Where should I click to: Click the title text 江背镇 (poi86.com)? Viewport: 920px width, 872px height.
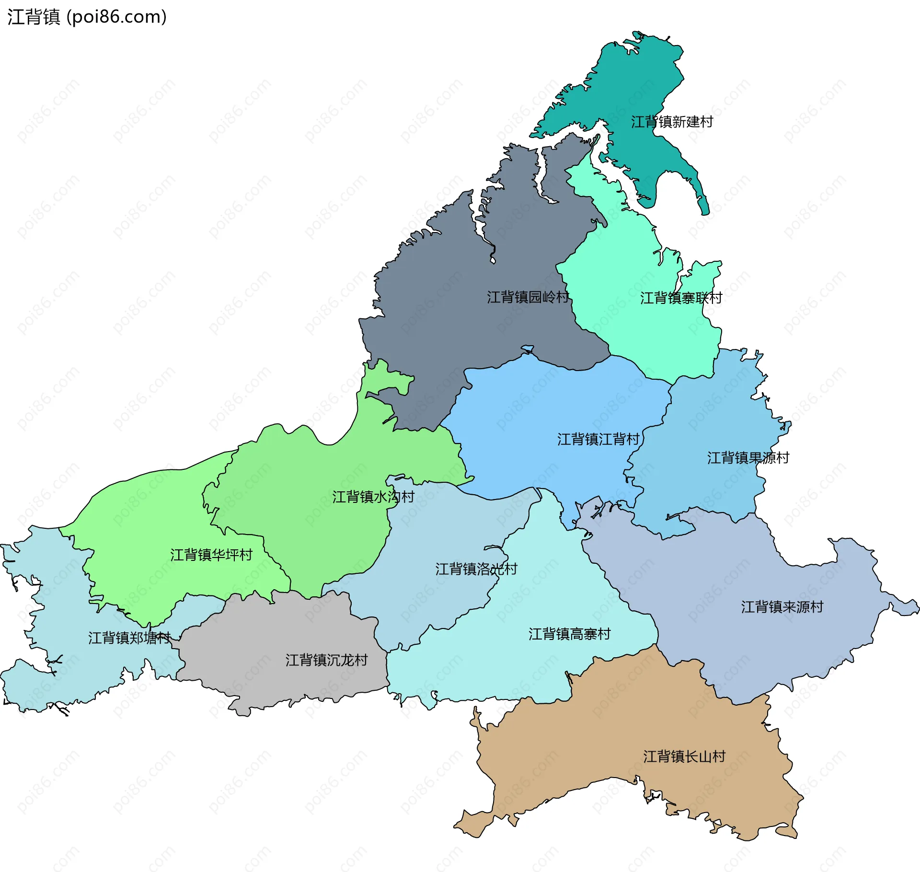coord(87,17)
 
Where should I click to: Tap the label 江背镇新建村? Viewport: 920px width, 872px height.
coord(672,122)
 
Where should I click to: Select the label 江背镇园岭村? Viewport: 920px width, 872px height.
coord(528,297)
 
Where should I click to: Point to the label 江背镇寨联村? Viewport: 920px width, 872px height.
coord(681,298)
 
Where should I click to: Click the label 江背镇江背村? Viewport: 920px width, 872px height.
coord(598,439)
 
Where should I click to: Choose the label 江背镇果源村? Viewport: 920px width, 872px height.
coord(748,458)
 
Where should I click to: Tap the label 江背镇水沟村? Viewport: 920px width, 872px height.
coord(373,497)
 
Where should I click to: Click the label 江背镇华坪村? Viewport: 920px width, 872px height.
coord(211,555)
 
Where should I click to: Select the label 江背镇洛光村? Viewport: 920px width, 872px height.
coord(476,569)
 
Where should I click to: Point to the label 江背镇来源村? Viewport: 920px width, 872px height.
coord(782,607)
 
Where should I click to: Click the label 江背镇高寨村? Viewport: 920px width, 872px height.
coord(569,634)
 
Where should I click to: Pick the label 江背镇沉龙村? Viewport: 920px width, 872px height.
coord(326,660)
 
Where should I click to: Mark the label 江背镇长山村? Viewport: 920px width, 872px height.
coord(684,756)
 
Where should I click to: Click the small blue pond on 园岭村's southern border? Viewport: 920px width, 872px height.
coord(528,349)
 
